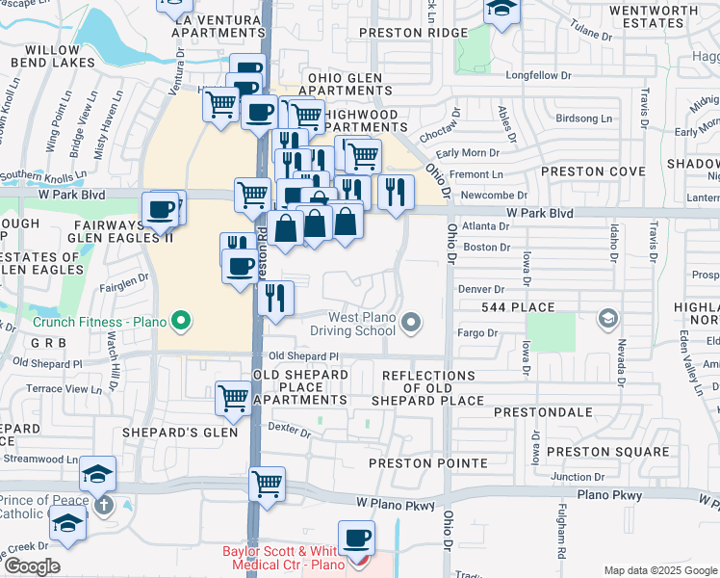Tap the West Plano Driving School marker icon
coord(412,322)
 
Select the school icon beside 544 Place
coord(607,318)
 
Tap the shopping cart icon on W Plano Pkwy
coord(268,485)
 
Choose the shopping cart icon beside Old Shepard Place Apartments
coord(234,397)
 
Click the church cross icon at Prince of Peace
coord(104,504)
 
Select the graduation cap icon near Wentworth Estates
coord(502,9)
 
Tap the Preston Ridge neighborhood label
coord(412,32)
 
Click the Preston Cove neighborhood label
coord(592,171)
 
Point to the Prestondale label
coord(543,411)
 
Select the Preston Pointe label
coord(428,463)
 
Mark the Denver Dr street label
coord(481,289)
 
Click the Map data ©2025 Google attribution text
coord(660,570)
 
